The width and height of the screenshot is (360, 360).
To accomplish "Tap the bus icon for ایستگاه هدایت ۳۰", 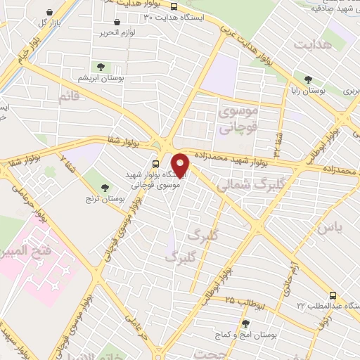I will [174, 6].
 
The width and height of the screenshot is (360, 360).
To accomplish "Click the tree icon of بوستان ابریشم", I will [101, 67].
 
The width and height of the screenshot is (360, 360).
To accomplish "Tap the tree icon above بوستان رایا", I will [307, 78].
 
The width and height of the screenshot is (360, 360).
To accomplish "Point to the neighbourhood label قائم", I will [69, 96].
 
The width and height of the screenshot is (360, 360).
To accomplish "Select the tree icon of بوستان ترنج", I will [105, 187].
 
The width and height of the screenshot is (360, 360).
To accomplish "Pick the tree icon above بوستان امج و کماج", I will [245, 323].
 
